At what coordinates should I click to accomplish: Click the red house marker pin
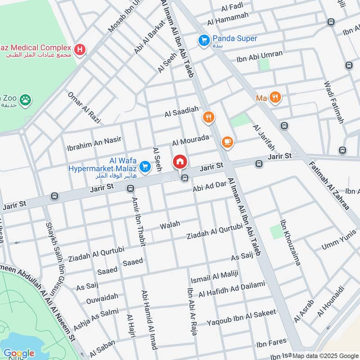click(180, 162)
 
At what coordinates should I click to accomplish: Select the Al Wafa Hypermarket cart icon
click(144, 167)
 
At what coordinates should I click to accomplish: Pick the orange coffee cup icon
click(228, 143)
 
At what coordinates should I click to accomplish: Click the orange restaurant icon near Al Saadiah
click(208, 117)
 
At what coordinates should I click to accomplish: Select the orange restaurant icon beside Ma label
click(275, 97)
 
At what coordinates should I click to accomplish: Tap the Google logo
click(18, 353)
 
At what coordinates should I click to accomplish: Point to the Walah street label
click(170, 224)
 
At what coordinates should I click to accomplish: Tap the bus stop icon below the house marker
click(184, 179)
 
